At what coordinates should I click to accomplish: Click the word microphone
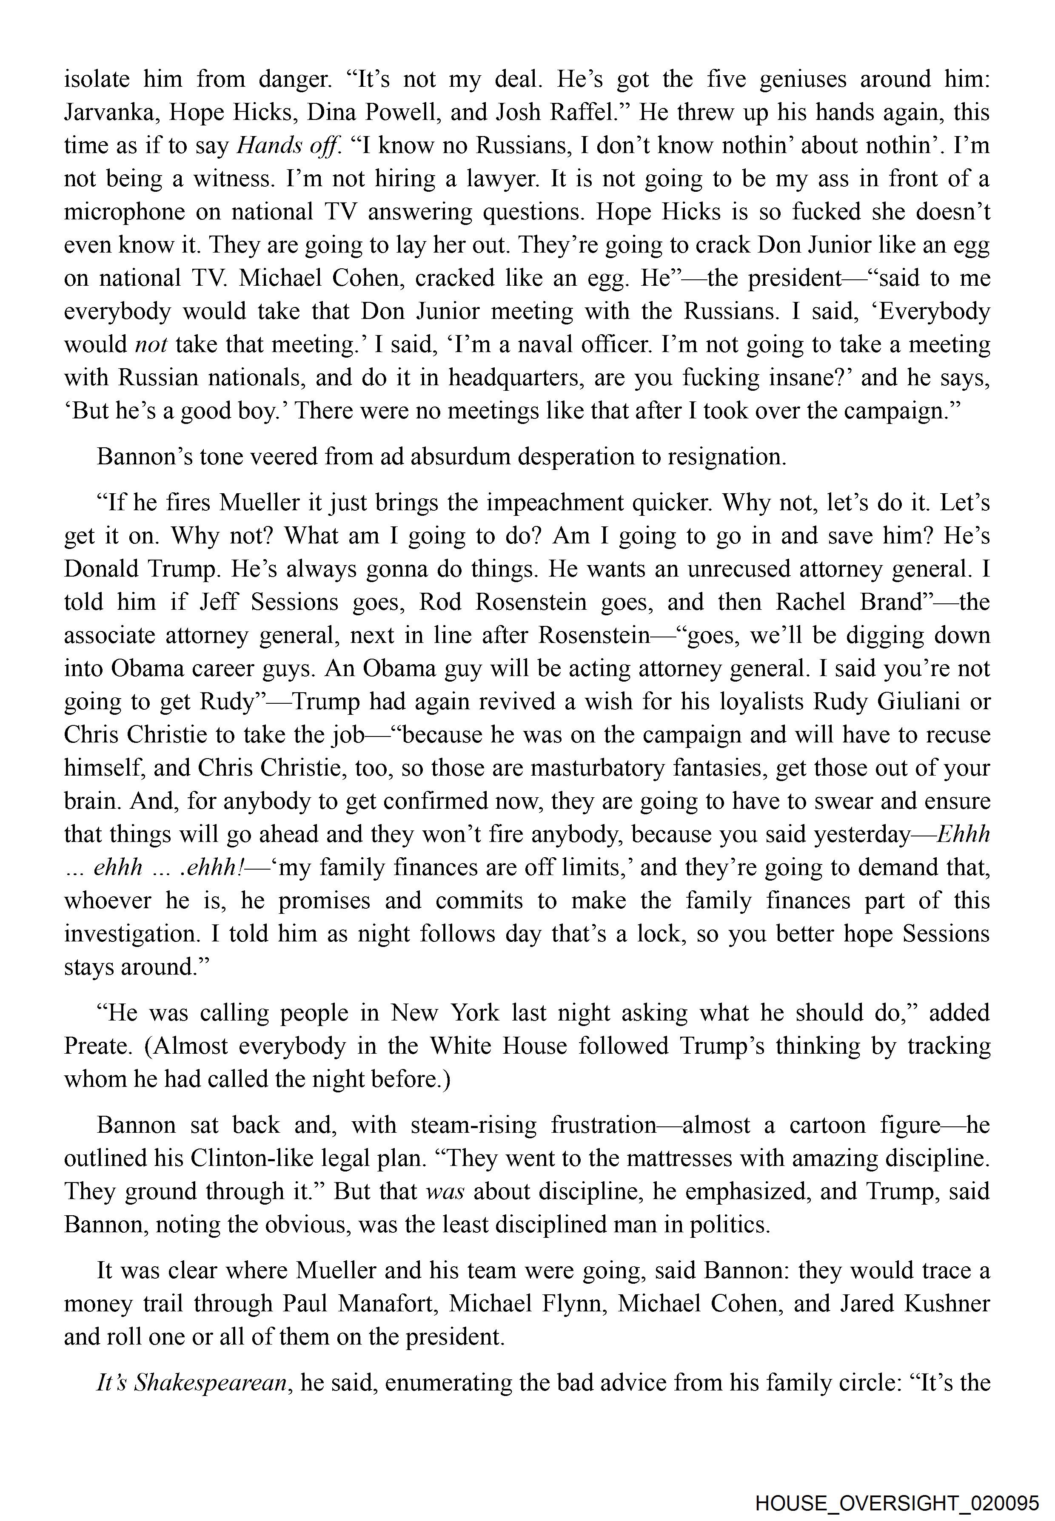point(124,212)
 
